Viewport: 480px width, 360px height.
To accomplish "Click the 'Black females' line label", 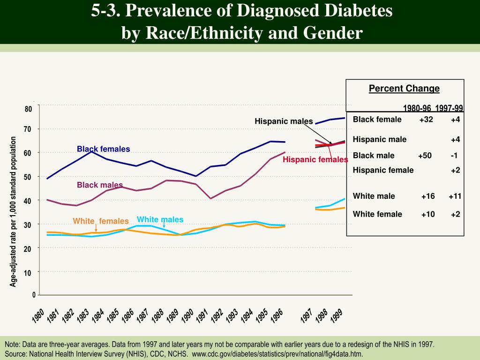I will [103, 149].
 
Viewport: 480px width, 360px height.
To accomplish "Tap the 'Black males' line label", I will [100, 185].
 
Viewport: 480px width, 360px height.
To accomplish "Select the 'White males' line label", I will [160, 219].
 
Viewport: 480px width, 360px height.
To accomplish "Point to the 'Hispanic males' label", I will [284, 121].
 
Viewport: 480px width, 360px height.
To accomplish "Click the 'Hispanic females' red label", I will [315, 160].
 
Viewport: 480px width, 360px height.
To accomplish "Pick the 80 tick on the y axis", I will [28, 109].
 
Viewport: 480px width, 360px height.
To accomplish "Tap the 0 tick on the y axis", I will [34, 294].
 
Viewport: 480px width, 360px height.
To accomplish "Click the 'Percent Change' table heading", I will [404, 89].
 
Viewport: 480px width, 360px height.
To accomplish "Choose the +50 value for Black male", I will [425, 156].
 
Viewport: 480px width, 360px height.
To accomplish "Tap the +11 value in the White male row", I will [455, 196].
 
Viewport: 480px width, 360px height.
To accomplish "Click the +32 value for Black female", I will [426, 119].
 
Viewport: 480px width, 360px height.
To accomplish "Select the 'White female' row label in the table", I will [377, 214].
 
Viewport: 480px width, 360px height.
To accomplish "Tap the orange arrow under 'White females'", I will [96, 228].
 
